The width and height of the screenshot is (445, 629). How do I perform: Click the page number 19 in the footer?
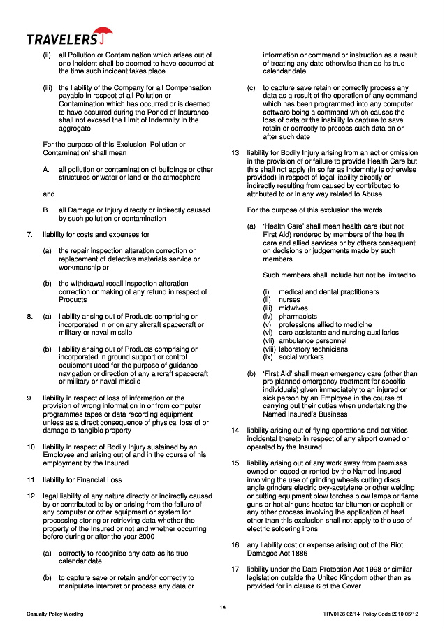[222, 607]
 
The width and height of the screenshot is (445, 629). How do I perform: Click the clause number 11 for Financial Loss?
[31, 481]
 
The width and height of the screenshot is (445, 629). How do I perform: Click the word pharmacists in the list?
[298, 316]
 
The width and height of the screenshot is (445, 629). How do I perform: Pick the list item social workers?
[300, 357]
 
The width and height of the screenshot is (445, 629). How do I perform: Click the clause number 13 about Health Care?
[235, 152]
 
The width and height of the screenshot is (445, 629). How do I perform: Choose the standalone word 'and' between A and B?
[48, 194]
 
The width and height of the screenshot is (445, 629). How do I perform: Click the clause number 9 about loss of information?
[29, 398]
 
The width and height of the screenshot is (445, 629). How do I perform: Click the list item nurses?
[289, 299]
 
